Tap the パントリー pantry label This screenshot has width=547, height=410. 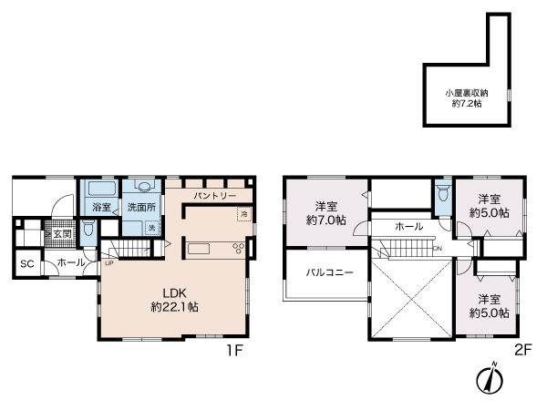pyautogui.click(x=215, y=196)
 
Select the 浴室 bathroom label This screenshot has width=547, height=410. pyautogui.click(x=100, y=207)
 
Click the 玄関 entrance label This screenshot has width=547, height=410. pyautogui.click(x=61, y=233)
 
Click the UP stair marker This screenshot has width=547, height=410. pyautogui.click(x=109, y=263)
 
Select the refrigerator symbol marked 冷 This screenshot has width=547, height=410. pyautogui.click(x=243, y=214)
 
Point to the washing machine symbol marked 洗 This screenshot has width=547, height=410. pyautogui.click(x=151, y=227)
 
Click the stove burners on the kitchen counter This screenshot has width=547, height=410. pyautogui.click(x=240, y=248)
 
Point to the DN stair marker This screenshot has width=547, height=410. pyautogui.click(x=438, y=249)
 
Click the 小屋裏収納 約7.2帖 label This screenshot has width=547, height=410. pyautogui.click(x=466, y=98)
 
